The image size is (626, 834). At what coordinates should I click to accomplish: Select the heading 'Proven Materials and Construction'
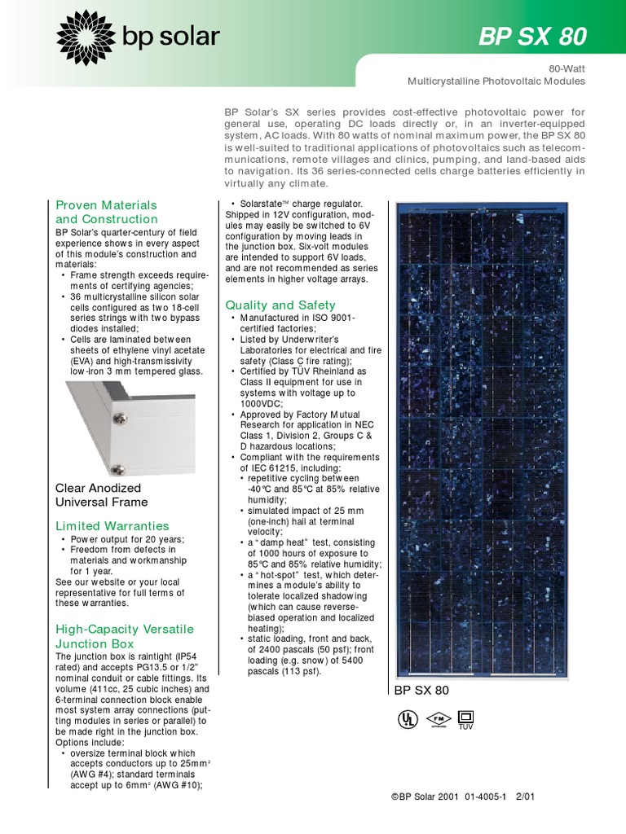tap(106, 212)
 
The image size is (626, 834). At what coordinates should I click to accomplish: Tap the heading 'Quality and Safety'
tap(280, 305)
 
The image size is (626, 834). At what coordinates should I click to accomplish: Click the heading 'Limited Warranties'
tap(112, 526)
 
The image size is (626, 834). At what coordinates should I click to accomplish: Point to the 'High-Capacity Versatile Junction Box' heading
tap(124, 636)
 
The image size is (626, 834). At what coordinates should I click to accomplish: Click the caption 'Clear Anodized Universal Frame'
tap(101, 495)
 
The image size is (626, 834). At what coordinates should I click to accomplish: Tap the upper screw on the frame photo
tap(120, 419)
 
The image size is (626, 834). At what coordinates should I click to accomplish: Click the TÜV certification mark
tap(466, 719)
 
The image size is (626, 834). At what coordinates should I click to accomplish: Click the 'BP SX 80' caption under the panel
tap(421, 691)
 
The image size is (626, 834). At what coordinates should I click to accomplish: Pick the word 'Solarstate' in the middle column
tap(260, 202)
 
